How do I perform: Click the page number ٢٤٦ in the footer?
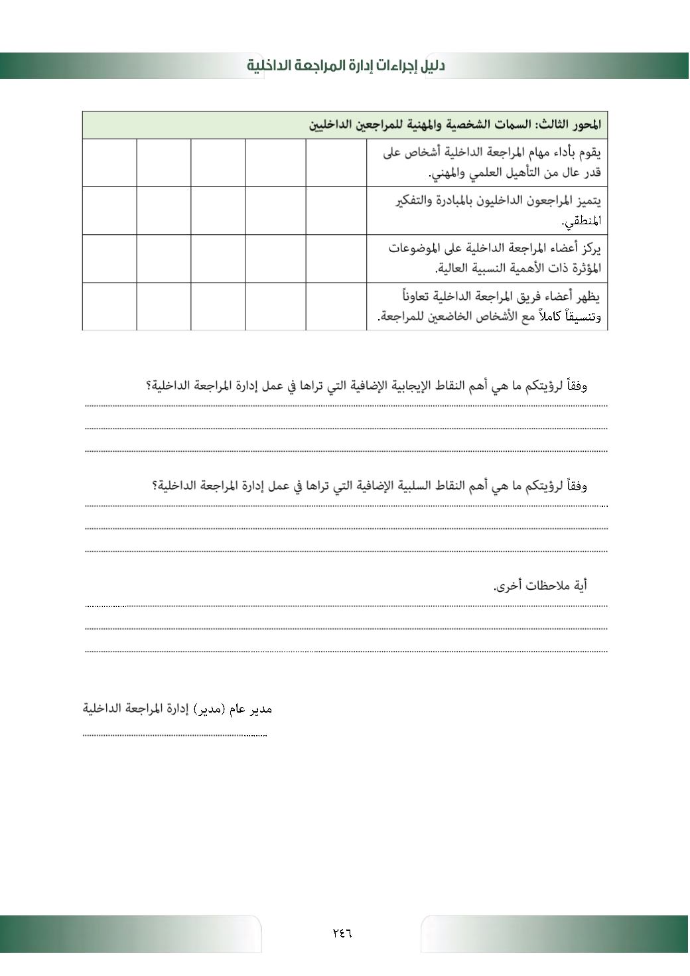point(342,933)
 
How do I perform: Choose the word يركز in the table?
point(590,248)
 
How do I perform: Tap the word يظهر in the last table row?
point(589,296)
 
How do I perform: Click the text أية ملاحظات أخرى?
point(540,586)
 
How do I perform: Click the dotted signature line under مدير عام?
point(174,735)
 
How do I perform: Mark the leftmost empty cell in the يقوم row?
point(109,163)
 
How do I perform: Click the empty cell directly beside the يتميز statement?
point(336,210)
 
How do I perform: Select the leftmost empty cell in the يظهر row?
point(109,306)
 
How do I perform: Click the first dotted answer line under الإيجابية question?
point(346,405)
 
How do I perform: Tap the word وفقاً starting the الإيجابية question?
point(575,385)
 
